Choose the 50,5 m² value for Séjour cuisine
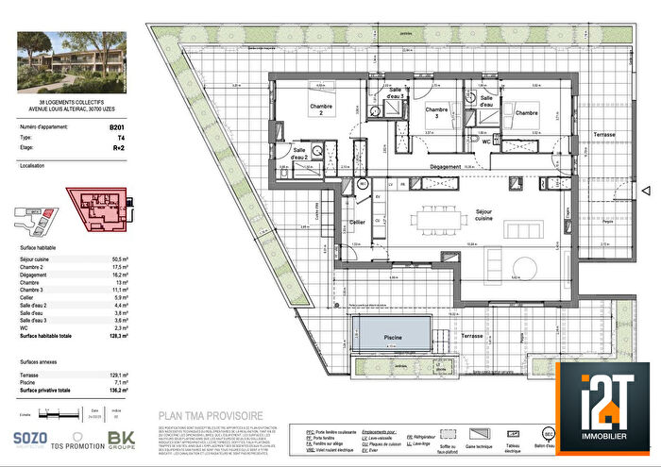click(120, 258)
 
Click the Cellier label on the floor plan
click(357, 222)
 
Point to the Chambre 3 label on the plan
click(435, 113)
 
